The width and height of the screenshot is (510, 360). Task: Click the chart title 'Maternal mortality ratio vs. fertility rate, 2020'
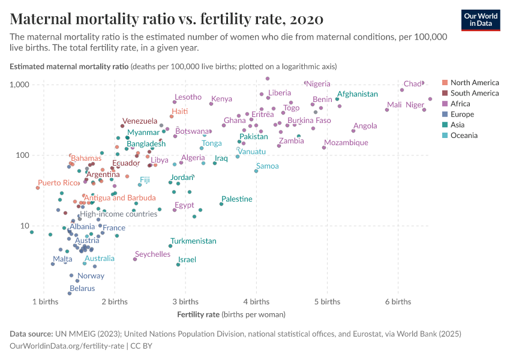(167, 19)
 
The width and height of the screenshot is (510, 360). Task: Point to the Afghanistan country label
(357, 94)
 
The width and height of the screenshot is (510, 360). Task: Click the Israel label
(187, 260)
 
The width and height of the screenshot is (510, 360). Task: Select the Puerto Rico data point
(38, 188)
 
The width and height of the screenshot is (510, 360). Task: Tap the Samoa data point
(256, 171)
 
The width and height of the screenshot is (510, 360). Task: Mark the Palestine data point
(221, 204)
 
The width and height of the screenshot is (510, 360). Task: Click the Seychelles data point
(135, 259)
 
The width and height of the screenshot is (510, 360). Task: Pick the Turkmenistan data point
(170, 246)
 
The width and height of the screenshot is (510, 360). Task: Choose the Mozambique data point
(324, 148)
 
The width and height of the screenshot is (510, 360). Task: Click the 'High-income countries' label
(118, 214)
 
